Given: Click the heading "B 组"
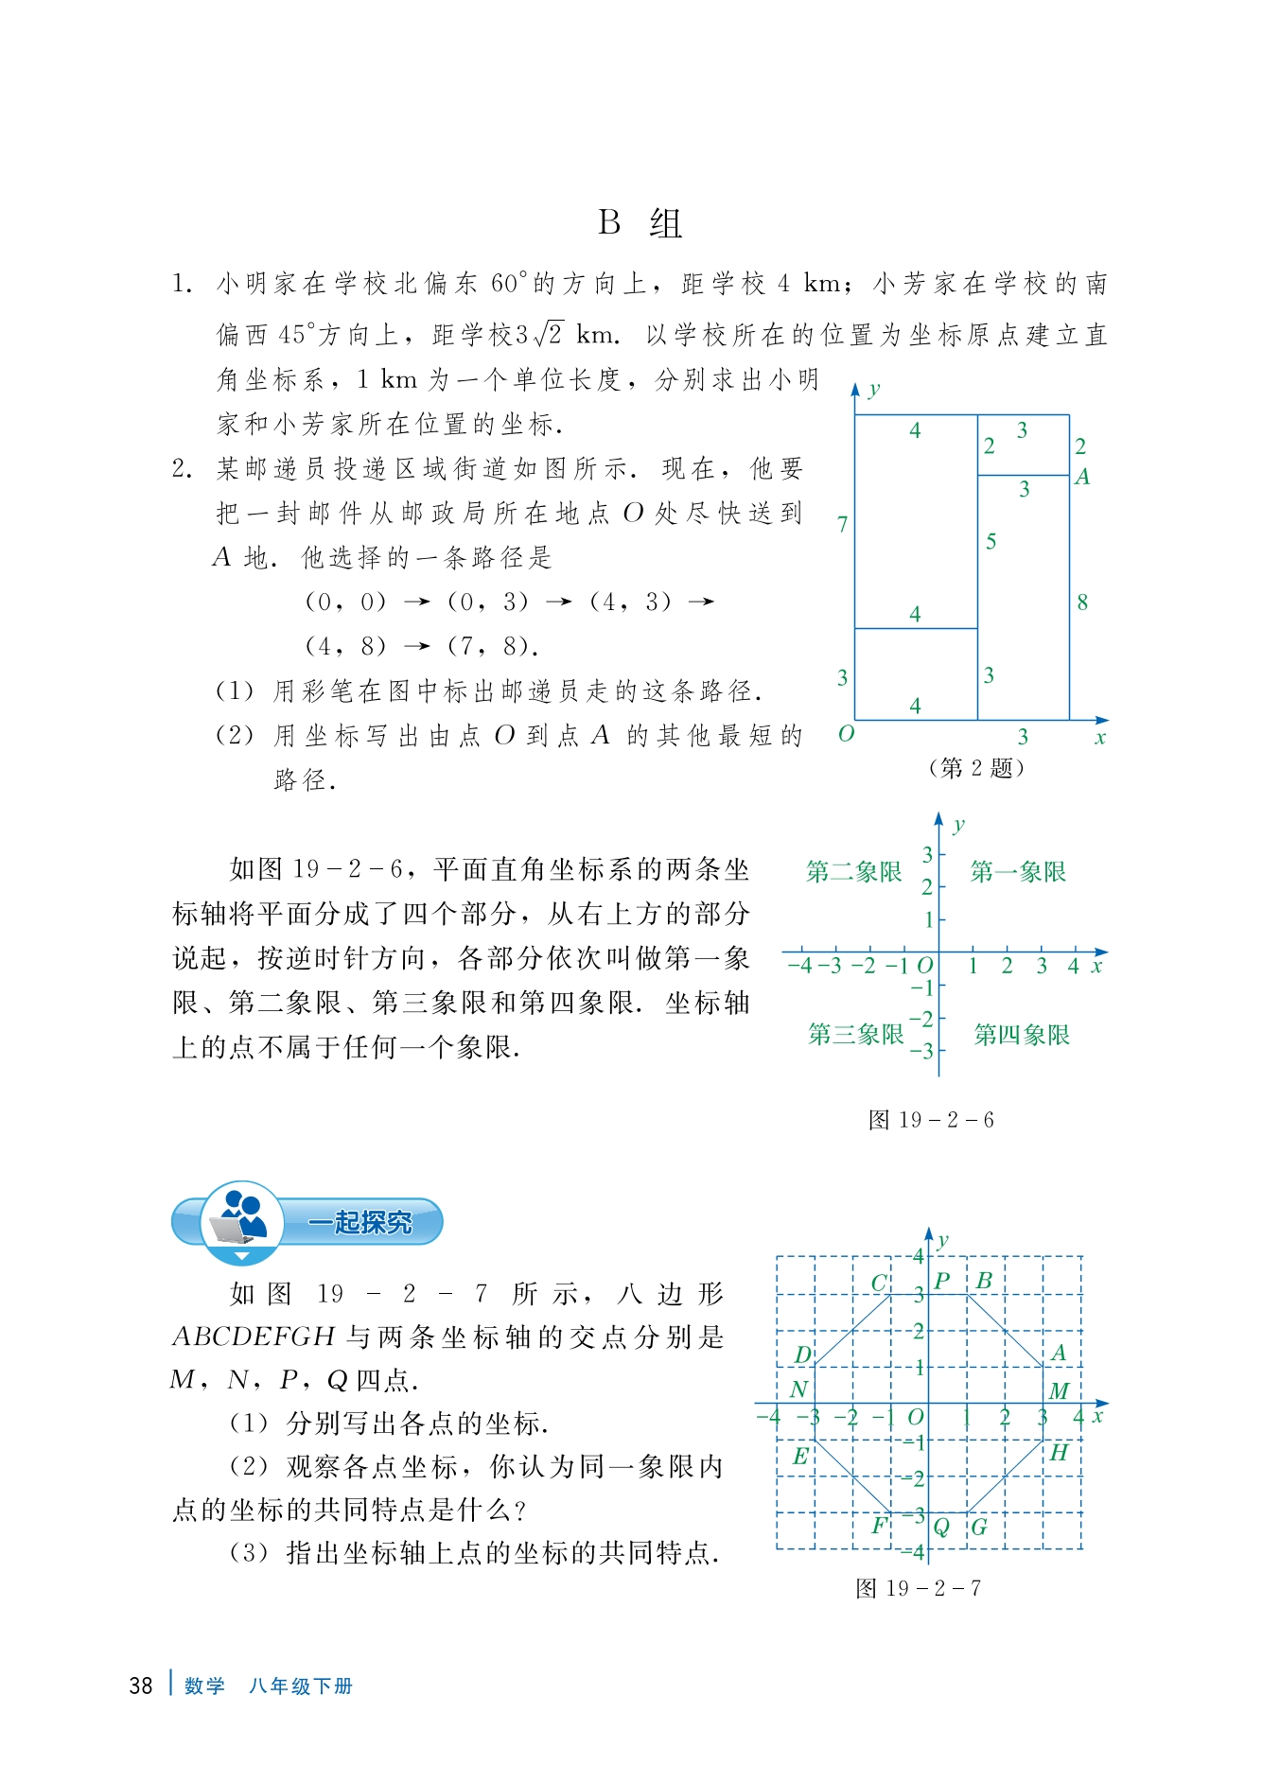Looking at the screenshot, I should point(640,223).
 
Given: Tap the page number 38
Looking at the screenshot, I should point(140,1686).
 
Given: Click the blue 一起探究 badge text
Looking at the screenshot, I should point(359,1222).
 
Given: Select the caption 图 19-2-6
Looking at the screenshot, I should point(931,1120).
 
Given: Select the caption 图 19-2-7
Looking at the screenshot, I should point(918,1588).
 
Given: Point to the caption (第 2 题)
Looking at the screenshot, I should point(976,768).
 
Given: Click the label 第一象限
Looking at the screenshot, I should point(1018,871).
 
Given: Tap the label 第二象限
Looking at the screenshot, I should point(853,871).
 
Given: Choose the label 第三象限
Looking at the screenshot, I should point(855,1034).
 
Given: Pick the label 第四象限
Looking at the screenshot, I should point(1022,1034).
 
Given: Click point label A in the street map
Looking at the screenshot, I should point(1082,477).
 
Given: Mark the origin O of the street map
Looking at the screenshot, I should point(846,734).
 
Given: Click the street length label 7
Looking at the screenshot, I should point(842,523).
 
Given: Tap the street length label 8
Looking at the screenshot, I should point(1082,602).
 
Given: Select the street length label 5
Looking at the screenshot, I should point(991,541).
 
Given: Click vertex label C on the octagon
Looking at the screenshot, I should point(879,1283).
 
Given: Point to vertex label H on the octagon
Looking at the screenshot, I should point(1059,1452).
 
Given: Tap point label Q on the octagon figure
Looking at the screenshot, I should point(941,1527).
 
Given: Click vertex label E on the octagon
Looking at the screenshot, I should point(800,1456).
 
